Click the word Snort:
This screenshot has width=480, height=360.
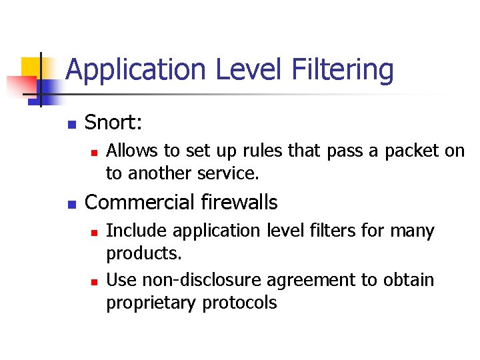tap(114, 123)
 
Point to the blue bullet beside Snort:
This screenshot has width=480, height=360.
tap(72, 124)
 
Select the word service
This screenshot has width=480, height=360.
tap(223, 173)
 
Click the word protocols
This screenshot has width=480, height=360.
tap(237, 303)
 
